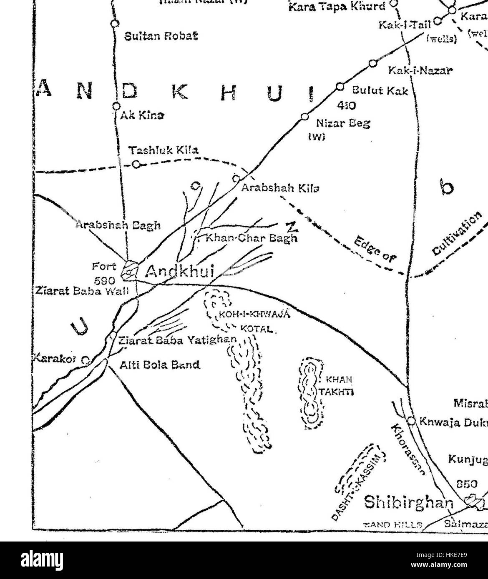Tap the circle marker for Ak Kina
click(x=116, y=106)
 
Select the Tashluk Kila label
click(x=163, y=150)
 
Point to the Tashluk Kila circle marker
click(x=136, y=164)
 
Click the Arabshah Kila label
click(x=281, y=188)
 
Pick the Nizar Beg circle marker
click(x=305, y=116)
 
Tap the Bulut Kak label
click(x=380, y=91)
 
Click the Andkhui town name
click(x=180, y=272)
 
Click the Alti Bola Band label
click(x=160, y=365)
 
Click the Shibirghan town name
click(x=408, y=502)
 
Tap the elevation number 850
click(x=467, y=484)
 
